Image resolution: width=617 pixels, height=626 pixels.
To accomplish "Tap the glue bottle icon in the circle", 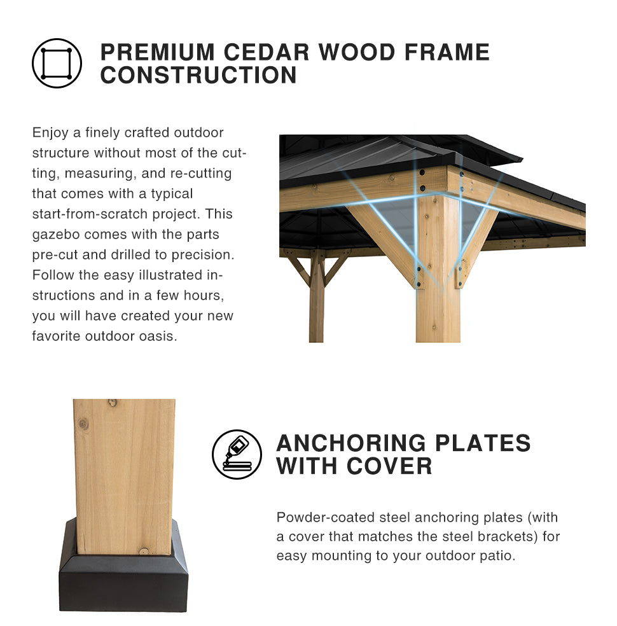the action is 237,454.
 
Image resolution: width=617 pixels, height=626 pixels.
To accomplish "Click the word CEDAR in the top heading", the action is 266,52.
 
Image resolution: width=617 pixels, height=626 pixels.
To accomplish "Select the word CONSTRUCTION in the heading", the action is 198,75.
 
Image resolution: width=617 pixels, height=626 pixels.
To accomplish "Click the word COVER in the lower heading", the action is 389,466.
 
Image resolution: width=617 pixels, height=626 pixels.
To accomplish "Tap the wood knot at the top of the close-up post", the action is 113,403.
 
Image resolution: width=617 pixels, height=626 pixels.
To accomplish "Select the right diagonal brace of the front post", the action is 477,247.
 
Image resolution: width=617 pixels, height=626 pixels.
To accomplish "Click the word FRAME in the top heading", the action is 447,52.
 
